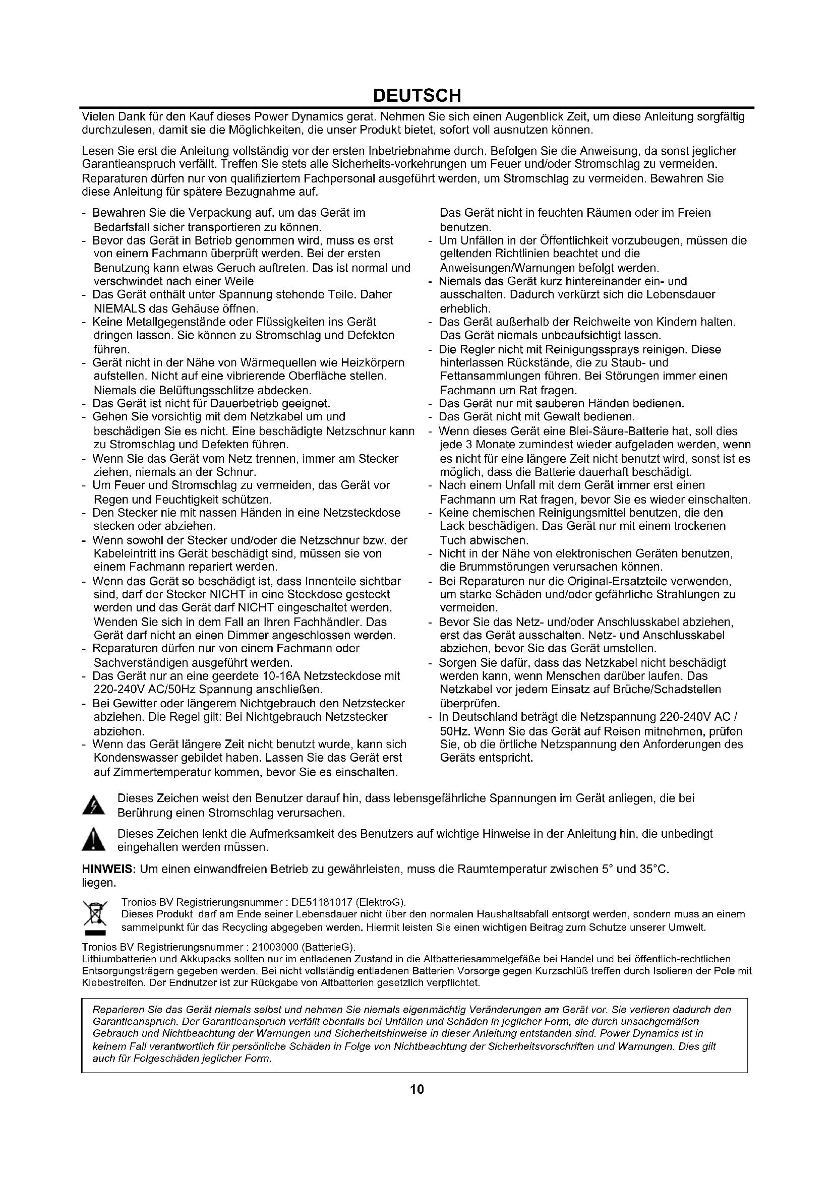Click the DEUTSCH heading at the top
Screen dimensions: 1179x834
click(x=416, y=95)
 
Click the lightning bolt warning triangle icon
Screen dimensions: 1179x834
click(x=93, y=805)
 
